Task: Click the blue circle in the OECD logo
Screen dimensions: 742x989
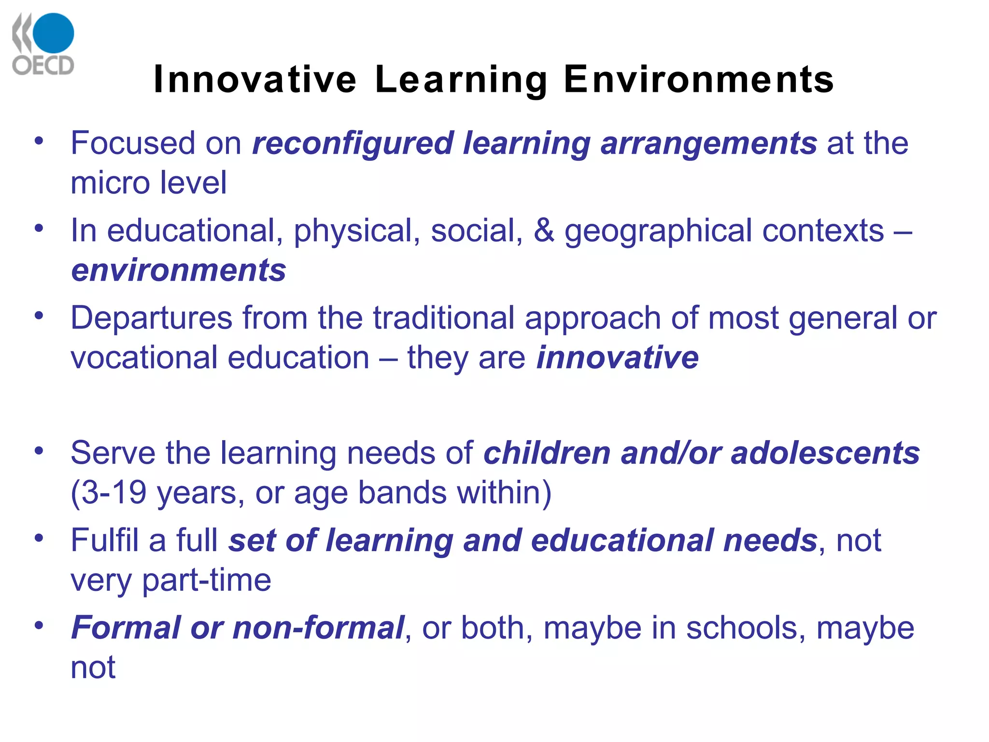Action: (53, 33)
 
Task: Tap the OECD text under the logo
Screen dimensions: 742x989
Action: (43, 65)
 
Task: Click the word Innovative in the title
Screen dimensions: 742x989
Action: (255, 79)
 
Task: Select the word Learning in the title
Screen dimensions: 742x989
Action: (461, 80)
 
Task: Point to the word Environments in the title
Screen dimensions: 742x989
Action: (699, 79)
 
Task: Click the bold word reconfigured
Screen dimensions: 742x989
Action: (353, 144)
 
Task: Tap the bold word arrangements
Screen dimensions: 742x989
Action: (708, 144)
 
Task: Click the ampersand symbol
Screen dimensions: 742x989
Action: (544, 230)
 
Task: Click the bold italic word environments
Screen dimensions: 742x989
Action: (179, 270)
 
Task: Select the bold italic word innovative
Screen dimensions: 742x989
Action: (618, 357)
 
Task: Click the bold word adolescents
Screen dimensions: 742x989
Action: (825, 453)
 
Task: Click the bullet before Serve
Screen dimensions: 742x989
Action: (39, 451)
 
